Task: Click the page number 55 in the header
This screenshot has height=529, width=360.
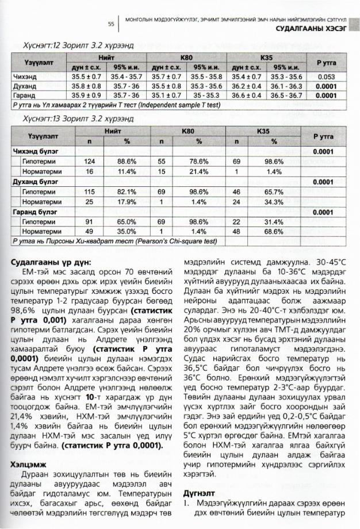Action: coord(112,25)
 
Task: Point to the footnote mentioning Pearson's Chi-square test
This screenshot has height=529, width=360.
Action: coord(124,241)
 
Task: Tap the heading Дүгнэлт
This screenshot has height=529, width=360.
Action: coord(199,493)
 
